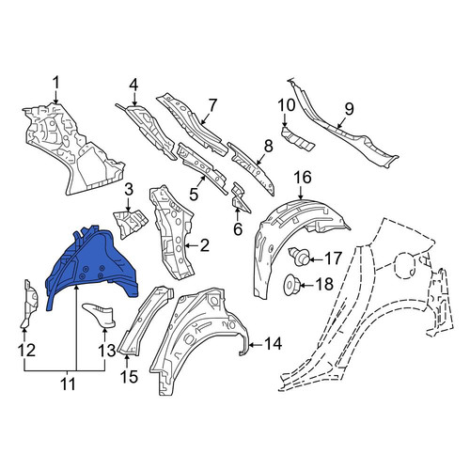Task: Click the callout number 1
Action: click(55, 84)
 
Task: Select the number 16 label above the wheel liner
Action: click(303, 177)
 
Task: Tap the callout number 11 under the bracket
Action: click(68, 384)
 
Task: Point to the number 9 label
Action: click(349, 109)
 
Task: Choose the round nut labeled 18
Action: click(292, 284)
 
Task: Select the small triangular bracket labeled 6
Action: click(240, 199)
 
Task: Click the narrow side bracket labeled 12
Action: click(30, 303)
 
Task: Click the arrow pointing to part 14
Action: click(257, 345)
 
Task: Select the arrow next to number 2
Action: click(191, 246)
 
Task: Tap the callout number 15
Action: click(129, 376)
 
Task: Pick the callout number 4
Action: click(133, 84)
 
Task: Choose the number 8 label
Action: click(268, 146)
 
